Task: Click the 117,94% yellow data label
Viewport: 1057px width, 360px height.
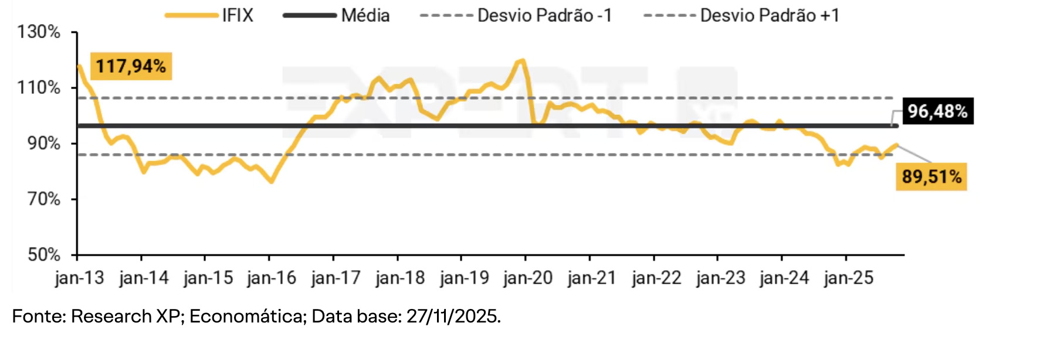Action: tap(131, 66)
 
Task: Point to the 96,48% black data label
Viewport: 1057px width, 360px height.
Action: tap(937, 111)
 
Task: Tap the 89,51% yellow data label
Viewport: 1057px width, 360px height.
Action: tap(931, 176)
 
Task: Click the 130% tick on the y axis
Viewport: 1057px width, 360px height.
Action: tap(39, 32)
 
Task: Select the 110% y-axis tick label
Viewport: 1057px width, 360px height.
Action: tap(39, 88)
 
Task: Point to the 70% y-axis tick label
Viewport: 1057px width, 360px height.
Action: tap(43, 199)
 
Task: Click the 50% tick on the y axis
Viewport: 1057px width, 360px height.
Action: tap(43, 254)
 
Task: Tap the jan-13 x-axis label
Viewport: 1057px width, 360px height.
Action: tap(79, 278)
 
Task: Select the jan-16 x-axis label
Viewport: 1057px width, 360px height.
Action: tap(272, 278)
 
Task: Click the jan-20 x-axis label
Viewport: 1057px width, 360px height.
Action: tap(528, 278)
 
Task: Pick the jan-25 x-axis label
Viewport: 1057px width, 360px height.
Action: tap(848, 278)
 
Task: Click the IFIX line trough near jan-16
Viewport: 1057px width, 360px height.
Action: tap(271, 182)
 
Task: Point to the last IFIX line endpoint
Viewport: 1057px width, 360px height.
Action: tap(896, 145)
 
